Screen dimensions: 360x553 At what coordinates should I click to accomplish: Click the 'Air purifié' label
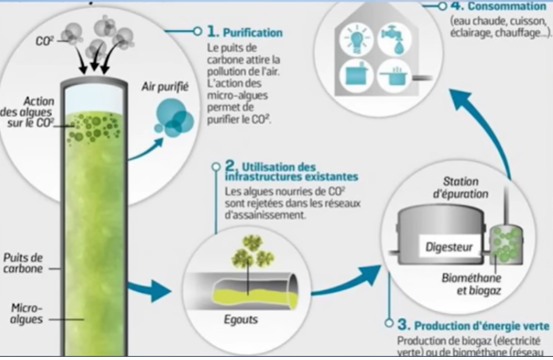coord(166,87)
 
